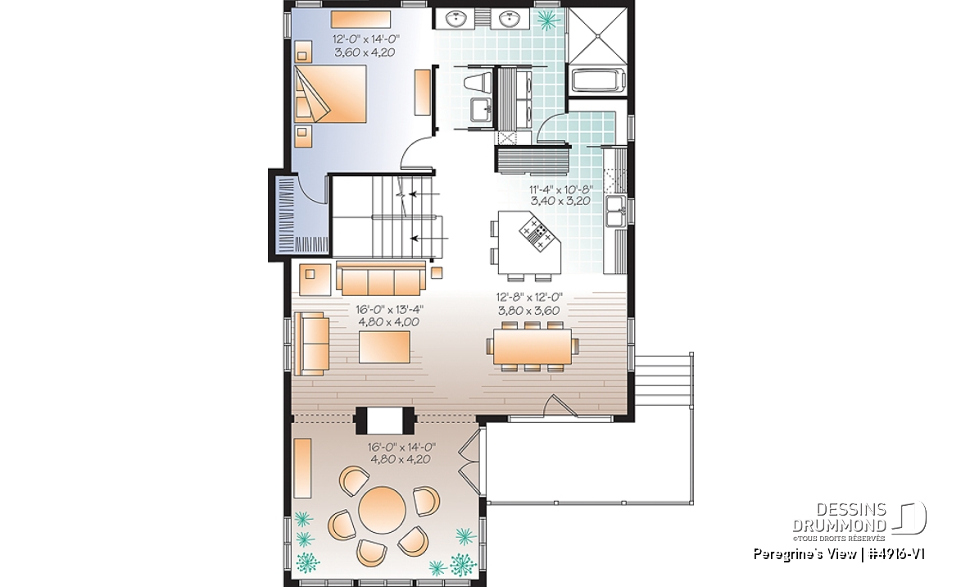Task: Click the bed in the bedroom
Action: pyautogui.click(x=331, y=94)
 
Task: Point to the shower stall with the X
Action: pyautogui.click(x=596, y=35)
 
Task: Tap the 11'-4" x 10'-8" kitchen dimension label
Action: pyautogui.click(x=560, y=195)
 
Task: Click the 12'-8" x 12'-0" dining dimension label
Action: pyautogui.click(x=529, y=303)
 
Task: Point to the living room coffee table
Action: pyautogui.click(x=386, y=347)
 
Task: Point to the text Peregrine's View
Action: pyautogui.click(x=804, y=554)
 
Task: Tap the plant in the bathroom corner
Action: pyautogui.click(x=546, y=19)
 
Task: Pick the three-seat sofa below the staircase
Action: pyautogui.click(x=380, y=279)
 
